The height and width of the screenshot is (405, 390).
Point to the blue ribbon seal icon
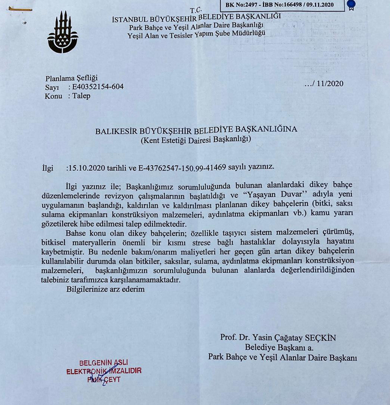coord(352,6)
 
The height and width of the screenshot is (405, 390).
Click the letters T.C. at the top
coord(196,10)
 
